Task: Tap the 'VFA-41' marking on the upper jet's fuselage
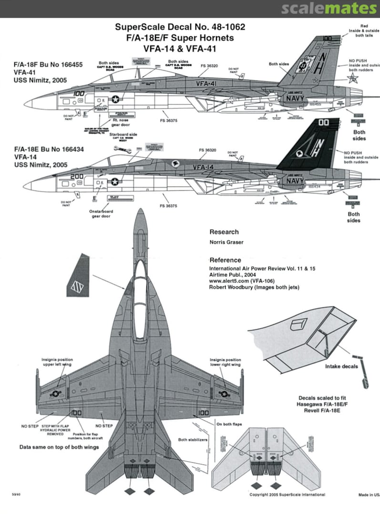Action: click(206, 82)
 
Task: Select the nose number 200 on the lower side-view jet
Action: click(76, 176)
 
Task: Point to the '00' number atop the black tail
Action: click(324, 122)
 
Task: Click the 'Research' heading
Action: click(224, 232)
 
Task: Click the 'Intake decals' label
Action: click(341, 366)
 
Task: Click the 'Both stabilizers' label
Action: click(193, 440)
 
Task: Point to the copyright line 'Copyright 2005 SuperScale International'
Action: click(287, 494)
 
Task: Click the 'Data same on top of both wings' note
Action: click(59, 447)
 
